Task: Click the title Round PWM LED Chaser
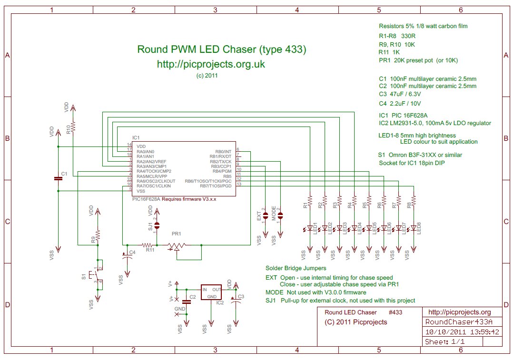221,49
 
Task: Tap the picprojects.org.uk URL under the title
211,64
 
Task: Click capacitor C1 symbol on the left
58,178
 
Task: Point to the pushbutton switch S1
97,275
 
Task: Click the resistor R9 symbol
98,235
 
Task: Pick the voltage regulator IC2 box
210,292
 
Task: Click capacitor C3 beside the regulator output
234,299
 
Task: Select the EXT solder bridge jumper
266,215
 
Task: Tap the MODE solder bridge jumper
280,215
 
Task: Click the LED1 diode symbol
310,228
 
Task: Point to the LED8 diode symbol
414,228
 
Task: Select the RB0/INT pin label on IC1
223,151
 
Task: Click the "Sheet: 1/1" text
445,342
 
